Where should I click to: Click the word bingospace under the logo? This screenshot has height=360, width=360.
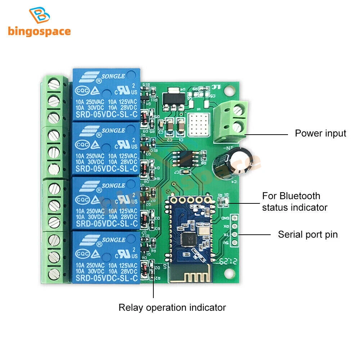click(39, 31)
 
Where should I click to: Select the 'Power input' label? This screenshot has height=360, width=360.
click(320, 134)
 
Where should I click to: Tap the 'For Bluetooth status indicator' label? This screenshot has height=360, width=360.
click(294, 202)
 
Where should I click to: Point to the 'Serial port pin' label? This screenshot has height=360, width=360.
click(308, 235)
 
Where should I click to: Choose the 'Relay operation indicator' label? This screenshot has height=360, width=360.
click(172, 307)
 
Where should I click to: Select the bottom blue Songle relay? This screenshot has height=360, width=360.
click(106, 256)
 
